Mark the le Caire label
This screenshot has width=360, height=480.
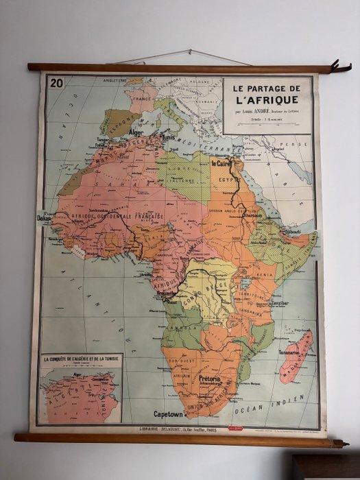(x=221, y=164)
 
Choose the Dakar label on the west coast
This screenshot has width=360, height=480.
(x=45, y=218)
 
